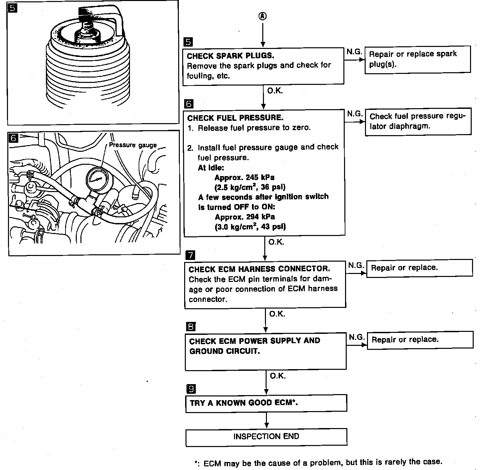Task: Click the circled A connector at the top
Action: point(263,16)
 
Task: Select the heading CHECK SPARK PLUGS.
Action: point(230,56)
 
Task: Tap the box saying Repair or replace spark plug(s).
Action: point(418,59)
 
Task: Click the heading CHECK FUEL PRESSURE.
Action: point(235,118)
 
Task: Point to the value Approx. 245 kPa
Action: point(245,177)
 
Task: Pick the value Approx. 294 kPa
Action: point(245,217)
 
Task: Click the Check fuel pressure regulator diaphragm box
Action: point(418,121)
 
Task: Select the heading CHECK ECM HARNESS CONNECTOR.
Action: point(259,269)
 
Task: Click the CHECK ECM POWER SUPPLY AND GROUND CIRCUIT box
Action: point(265,351)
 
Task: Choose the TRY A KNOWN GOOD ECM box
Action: point(266,403)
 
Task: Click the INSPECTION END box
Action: point(266,437)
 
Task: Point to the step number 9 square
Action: point(191,388)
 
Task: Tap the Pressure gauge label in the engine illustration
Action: point(133,145)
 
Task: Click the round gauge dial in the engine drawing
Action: point(96,179)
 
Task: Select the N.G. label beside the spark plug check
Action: point(354,52)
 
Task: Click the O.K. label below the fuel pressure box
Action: point(276,242)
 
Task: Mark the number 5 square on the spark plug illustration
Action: point(12,8)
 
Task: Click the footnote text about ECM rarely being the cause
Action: point(318,462)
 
